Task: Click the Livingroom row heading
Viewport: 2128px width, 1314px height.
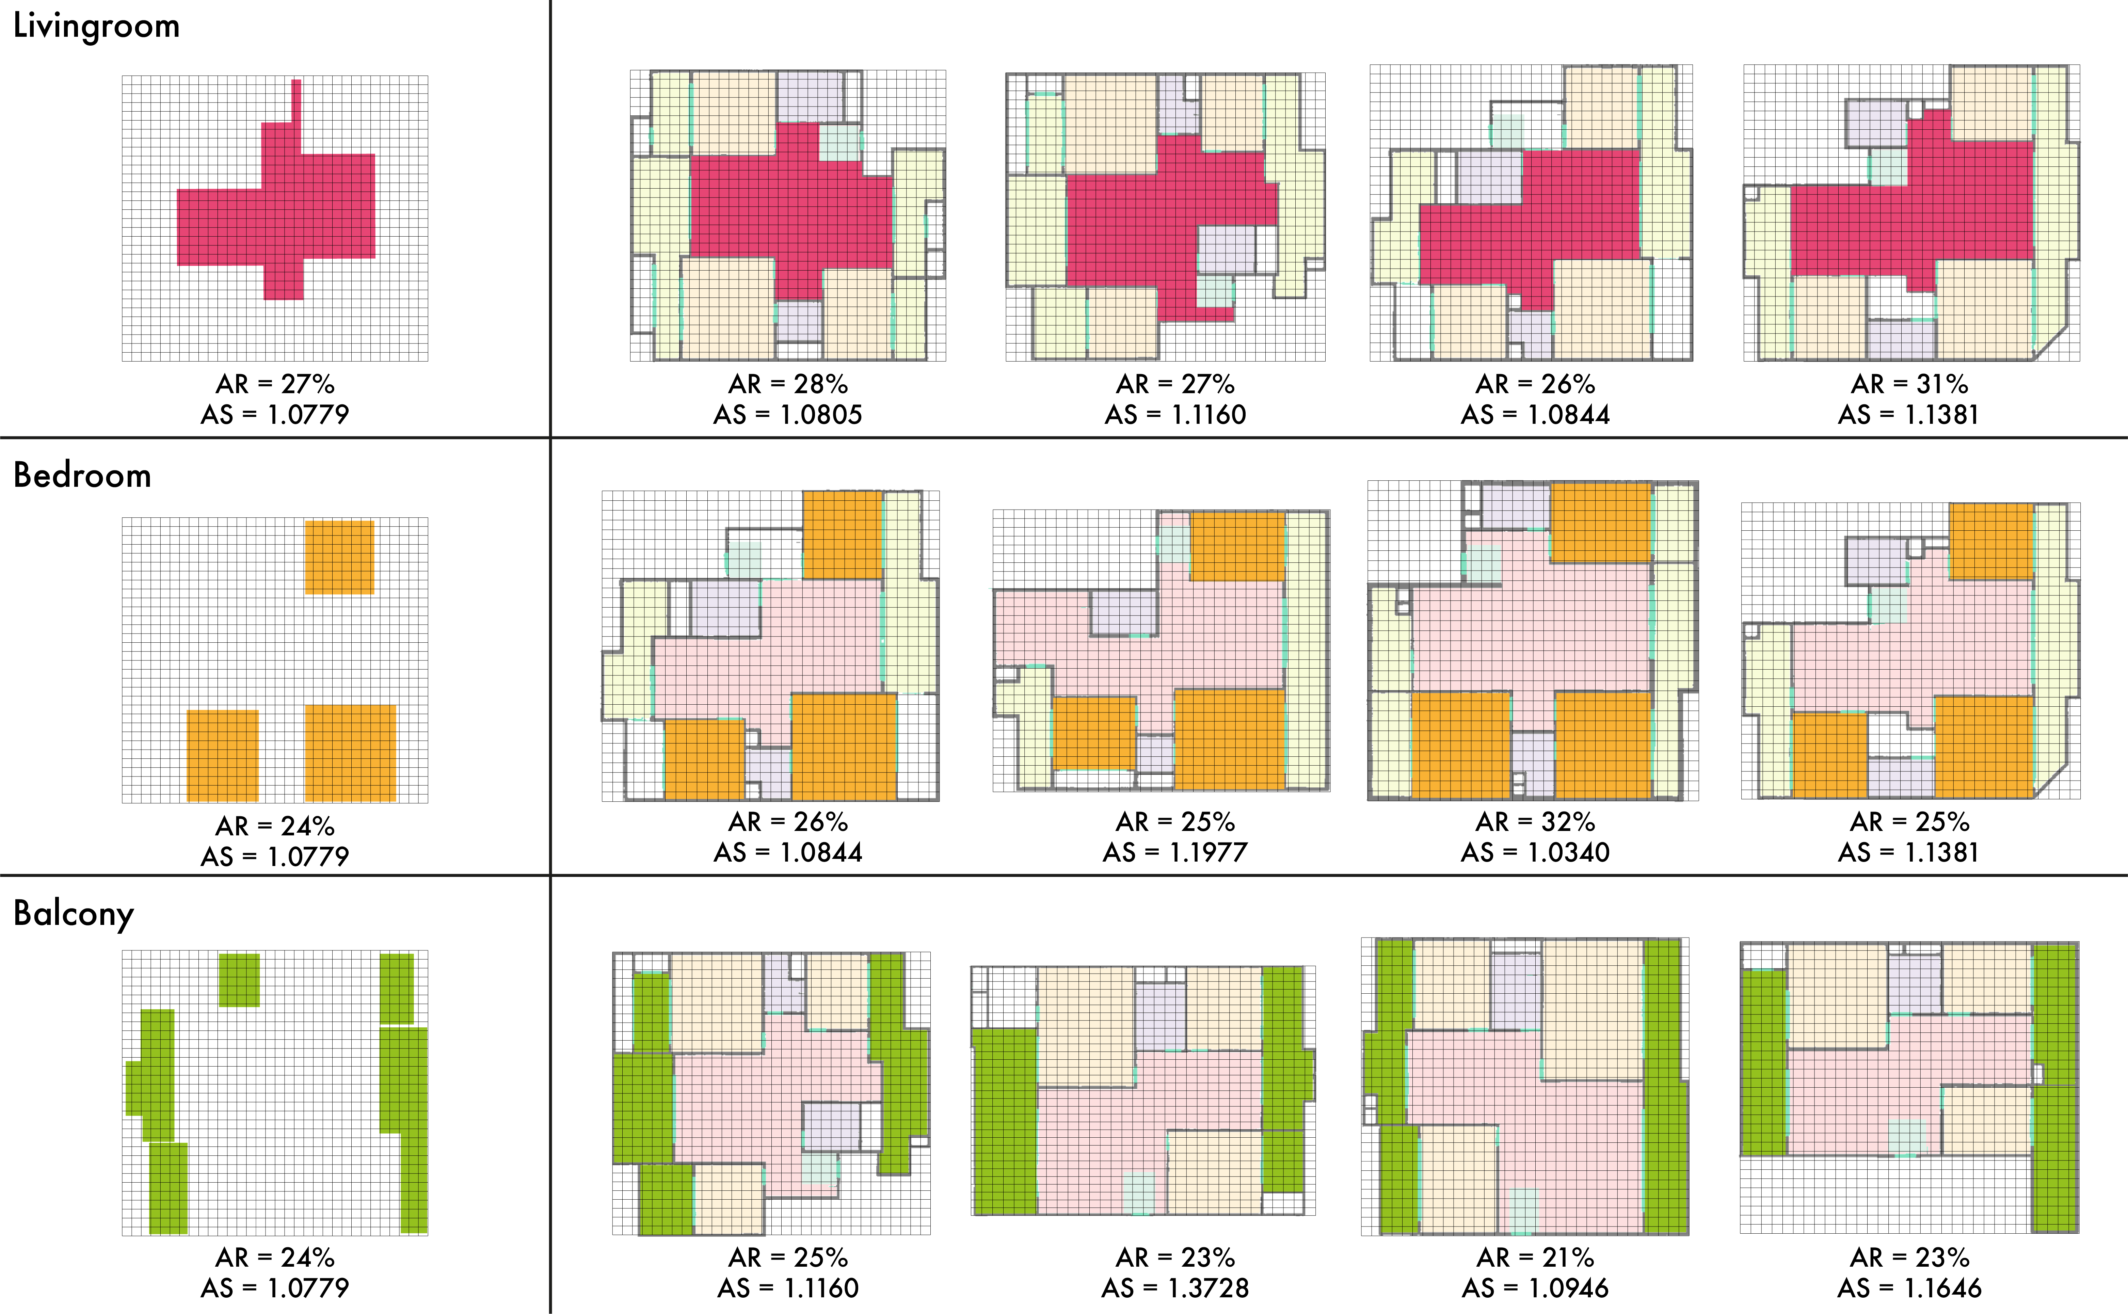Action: [96, 26]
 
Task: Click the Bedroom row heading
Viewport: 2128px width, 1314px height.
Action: [82, 475]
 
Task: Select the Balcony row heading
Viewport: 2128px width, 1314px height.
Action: [74, 913]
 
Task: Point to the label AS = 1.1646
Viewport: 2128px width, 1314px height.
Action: [1909, 1288]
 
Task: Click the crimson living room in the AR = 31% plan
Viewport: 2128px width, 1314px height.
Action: [1911, 217]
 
